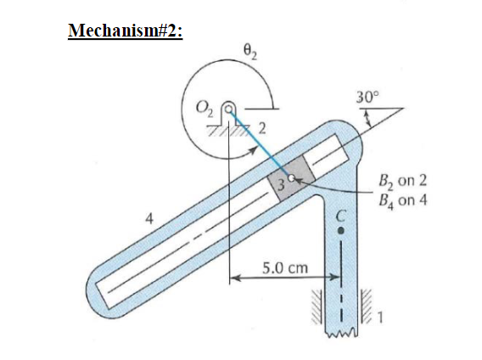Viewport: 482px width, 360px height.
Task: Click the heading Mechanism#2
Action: click(x=126, y=31)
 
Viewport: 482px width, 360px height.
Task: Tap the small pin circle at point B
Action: click(x=293, y=179)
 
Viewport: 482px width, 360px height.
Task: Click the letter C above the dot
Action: click(x=344, y=215)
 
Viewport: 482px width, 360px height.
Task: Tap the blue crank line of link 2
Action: click(x=259, y=143)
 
